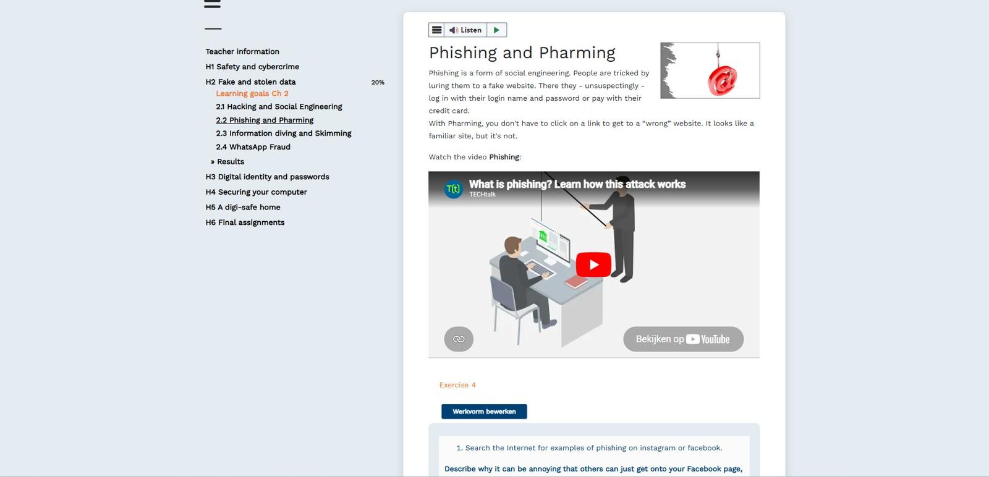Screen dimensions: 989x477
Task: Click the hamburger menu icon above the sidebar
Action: (213, 4)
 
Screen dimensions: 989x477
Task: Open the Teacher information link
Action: (242, 52)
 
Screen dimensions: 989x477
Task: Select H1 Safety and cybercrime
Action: (252, 67)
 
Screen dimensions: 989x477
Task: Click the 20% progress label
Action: (378, 83)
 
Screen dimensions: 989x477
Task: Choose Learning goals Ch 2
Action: (252, 93)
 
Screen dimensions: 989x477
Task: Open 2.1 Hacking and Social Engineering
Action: (279, 107)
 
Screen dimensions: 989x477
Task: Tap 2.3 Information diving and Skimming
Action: (284, 133)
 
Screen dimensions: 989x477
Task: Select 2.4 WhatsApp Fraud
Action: (253, 147)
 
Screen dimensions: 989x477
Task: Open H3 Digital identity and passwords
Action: (267, 177)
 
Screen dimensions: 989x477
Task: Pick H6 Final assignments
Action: (245, 222)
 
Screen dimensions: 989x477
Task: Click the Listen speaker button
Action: (465, 30)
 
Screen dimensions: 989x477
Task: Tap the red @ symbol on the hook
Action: (723, 80)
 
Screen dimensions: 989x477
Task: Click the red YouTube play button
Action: (593, 264)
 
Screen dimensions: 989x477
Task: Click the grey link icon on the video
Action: (459, 339)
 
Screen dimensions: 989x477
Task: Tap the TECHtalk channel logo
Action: (454, 189)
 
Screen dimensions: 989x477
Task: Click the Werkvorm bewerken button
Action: (484, 412)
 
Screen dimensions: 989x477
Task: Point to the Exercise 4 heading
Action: (457, 385)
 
